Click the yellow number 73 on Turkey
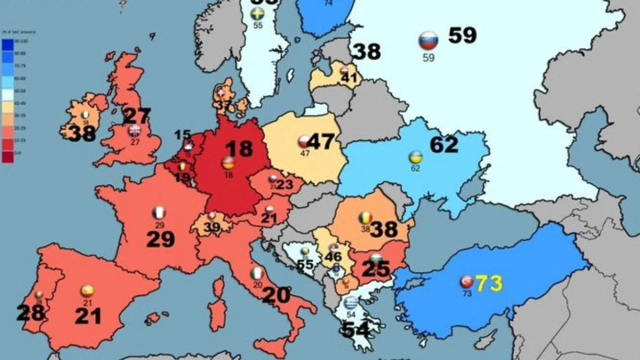489,283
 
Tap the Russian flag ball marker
428,41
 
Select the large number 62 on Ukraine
444,145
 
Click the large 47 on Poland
320,142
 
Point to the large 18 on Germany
238,149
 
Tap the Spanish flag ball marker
87,291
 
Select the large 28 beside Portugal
30,313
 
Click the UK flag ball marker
134,131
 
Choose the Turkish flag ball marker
467,282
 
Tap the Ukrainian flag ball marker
415,157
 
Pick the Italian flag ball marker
257,274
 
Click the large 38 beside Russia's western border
367,52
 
